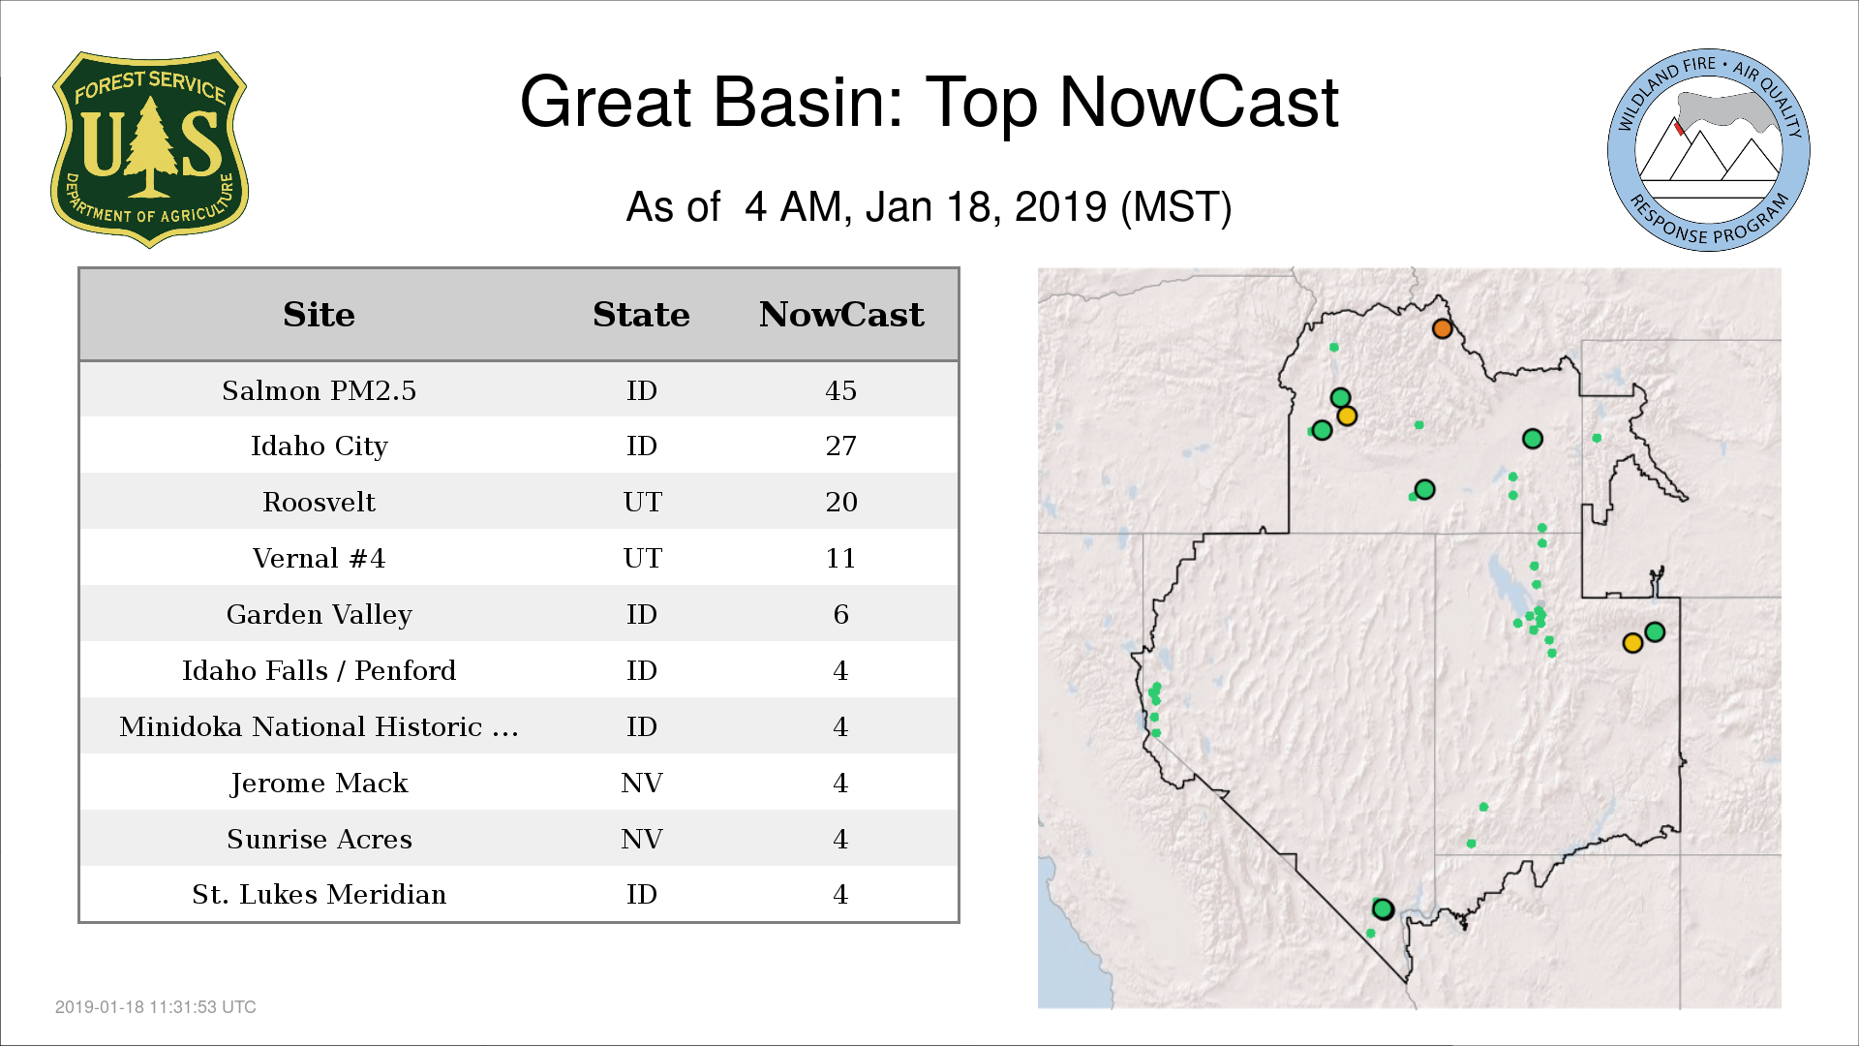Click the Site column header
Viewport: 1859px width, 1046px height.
point(319,315)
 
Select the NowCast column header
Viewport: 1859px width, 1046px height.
point(841,315)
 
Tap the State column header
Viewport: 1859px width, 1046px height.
point(641,315)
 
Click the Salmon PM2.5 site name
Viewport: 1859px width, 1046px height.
point(319,390)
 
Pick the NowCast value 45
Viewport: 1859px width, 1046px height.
point(840,390)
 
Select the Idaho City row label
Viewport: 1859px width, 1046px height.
point(319,446)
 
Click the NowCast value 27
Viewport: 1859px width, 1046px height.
point(840,446)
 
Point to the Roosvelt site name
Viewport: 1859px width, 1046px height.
point(319,502)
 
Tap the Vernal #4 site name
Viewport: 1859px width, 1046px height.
point(319,558)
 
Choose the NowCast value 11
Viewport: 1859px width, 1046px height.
point(840,558)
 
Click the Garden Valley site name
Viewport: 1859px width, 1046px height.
point(319,615)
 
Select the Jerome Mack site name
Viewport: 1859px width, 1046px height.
point(319,783)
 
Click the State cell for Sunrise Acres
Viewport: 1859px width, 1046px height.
point(641,839)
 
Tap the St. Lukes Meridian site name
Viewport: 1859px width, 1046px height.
point(319,894)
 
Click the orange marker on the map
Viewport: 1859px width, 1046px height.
point(1442,328)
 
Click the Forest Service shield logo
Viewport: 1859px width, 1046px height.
point(149,150)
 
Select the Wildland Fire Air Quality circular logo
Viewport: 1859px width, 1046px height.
point(1708,150)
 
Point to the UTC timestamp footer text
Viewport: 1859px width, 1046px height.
point(156,1007)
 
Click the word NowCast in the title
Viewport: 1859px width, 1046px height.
point(1199,102)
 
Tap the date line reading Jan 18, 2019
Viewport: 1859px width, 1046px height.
point(986,207)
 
